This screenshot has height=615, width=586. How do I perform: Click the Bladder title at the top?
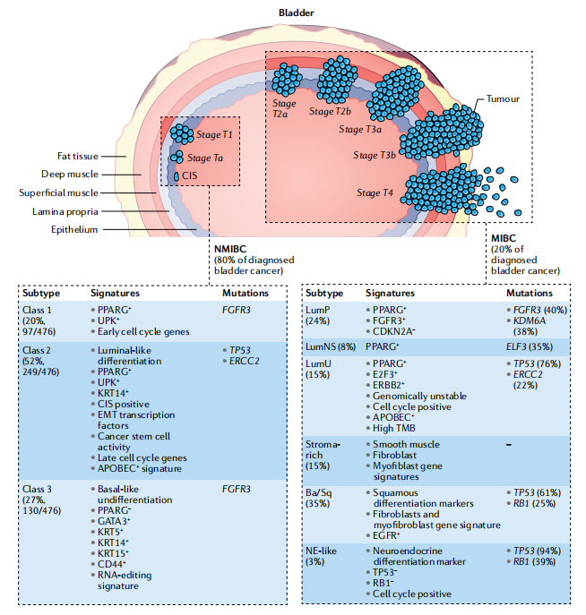(x=296, y=13)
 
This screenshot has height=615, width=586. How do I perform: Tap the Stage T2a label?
(x=284, y=108)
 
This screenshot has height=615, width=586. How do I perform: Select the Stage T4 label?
(x=375, y=192)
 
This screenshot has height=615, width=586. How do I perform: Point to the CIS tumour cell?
(x=177, y=176)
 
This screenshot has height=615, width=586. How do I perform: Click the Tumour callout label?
(x=503, y=98)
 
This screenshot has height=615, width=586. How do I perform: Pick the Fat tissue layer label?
(x=78, y=156)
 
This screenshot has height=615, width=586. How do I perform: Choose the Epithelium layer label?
(x=74, y=229)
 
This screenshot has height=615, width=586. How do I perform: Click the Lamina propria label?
(x=65, y=212)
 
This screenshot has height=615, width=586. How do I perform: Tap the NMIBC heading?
(x=230, y=249)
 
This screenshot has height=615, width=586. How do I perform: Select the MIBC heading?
(x=504, y=238)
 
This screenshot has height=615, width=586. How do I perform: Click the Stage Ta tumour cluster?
(x=177, y=157)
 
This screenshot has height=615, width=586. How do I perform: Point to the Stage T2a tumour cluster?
(x=287, y=80)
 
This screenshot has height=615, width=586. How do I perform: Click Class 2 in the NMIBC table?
(x=37, y=350)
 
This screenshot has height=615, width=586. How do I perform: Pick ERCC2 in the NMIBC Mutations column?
(x=244, y=361)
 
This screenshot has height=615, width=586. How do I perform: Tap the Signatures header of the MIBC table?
(x=390, y=293)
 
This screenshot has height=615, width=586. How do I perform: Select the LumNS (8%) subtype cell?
(x=331, y=346)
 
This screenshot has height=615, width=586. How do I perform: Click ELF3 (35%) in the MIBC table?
(x=529, y=346)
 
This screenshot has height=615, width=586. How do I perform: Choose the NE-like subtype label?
(x=321, y=551)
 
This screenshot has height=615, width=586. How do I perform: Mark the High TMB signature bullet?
(x=393, y=428)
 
